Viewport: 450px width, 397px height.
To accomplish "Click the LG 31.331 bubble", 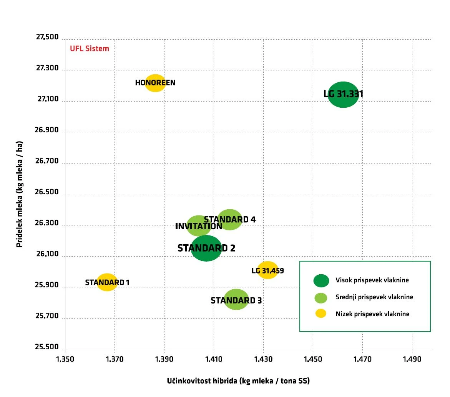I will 343,95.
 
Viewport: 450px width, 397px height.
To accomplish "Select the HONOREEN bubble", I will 155,83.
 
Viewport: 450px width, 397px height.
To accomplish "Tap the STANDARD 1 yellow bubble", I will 107,282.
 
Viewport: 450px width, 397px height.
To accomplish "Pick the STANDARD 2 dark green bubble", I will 206,248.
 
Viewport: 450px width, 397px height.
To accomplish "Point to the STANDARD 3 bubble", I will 236,300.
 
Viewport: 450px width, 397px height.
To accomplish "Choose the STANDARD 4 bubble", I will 230,220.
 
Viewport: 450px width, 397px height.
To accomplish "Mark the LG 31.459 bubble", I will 267,270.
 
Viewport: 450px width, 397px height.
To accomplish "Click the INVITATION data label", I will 199,226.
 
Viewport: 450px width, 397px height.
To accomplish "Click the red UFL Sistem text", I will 89,49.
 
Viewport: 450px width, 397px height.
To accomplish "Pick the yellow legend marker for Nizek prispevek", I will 321,314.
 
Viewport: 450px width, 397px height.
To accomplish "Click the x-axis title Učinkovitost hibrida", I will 238,381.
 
